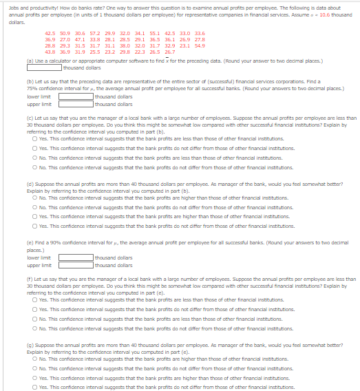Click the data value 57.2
[x=94, y=33]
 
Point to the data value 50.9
[x=65, y=33]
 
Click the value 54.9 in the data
[x=200, y=45]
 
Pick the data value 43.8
[x=50, y=52]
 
